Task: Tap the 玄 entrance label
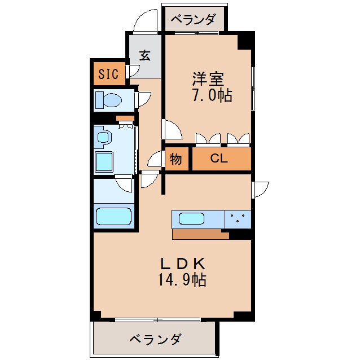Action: [145, 55]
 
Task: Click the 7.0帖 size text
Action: [211, 95]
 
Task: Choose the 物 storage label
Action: [176, 159]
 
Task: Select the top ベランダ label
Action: [194, 20]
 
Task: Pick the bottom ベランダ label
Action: [155, 340]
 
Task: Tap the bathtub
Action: [113, 216]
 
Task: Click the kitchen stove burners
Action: [238, 218]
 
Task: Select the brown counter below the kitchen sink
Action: [200, 234]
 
